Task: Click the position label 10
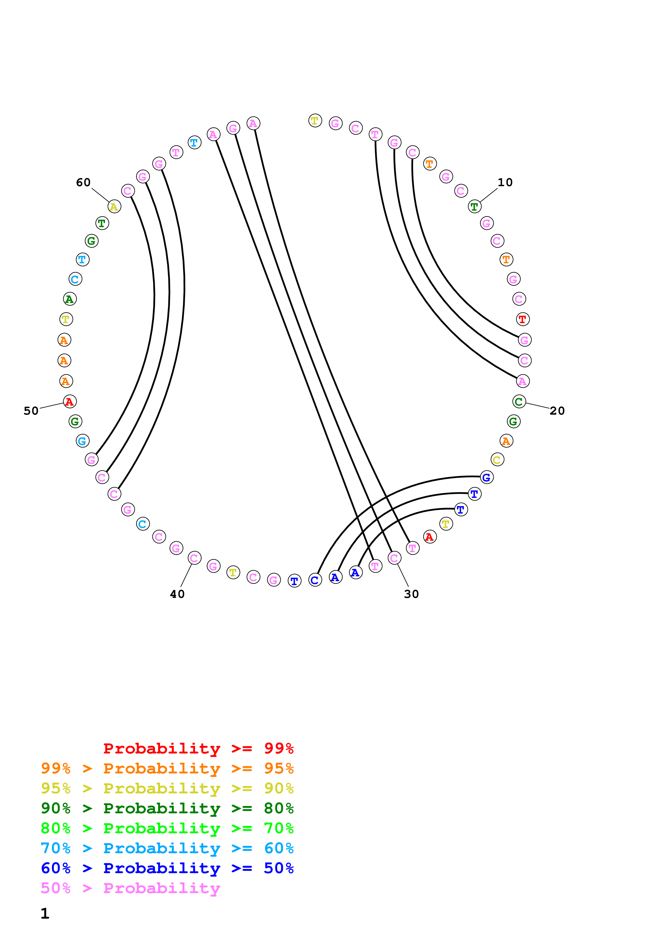point(505,182)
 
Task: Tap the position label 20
point(557,411)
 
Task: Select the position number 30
point(411,594)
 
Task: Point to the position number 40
point(177,594)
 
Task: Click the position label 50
point(31,411)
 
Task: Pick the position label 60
point(83,182)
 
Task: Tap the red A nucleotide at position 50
point(69,402)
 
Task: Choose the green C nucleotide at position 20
point(519,402)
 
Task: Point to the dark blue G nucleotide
point(486,477)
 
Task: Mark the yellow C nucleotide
point(497,460)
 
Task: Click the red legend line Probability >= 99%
point(198,748)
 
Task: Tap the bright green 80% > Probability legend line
point(167,828)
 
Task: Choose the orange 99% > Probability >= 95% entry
point(167,768)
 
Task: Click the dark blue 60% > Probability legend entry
point(167,868)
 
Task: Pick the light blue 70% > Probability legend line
point(167,848)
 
